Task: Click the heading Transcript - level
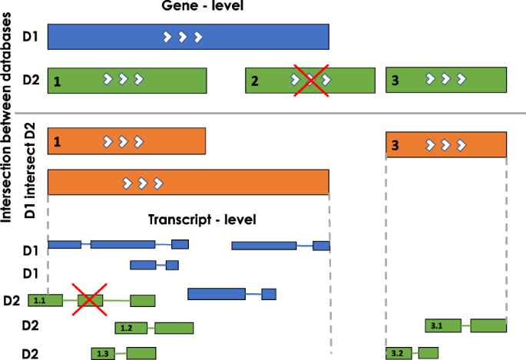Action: (x=201, y=220)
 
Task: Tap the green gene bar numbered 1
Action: (x=127, y=80)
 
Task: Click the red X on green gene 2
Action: (x=310, y=79)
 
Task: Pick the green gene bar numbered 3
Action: (x=446, y=79)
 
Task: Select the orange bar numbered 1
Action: (x=127, y=141)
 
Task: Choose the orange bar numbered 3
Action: (x=446, y=144)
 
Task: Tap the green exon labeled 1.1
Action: (x=41, y=301)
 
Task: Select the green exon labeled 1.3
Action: (x=104, y=353)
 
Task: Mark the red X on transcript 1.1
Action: (x=89, y=299)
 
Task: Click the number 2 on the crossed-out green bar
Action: (x=255, y=81)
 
